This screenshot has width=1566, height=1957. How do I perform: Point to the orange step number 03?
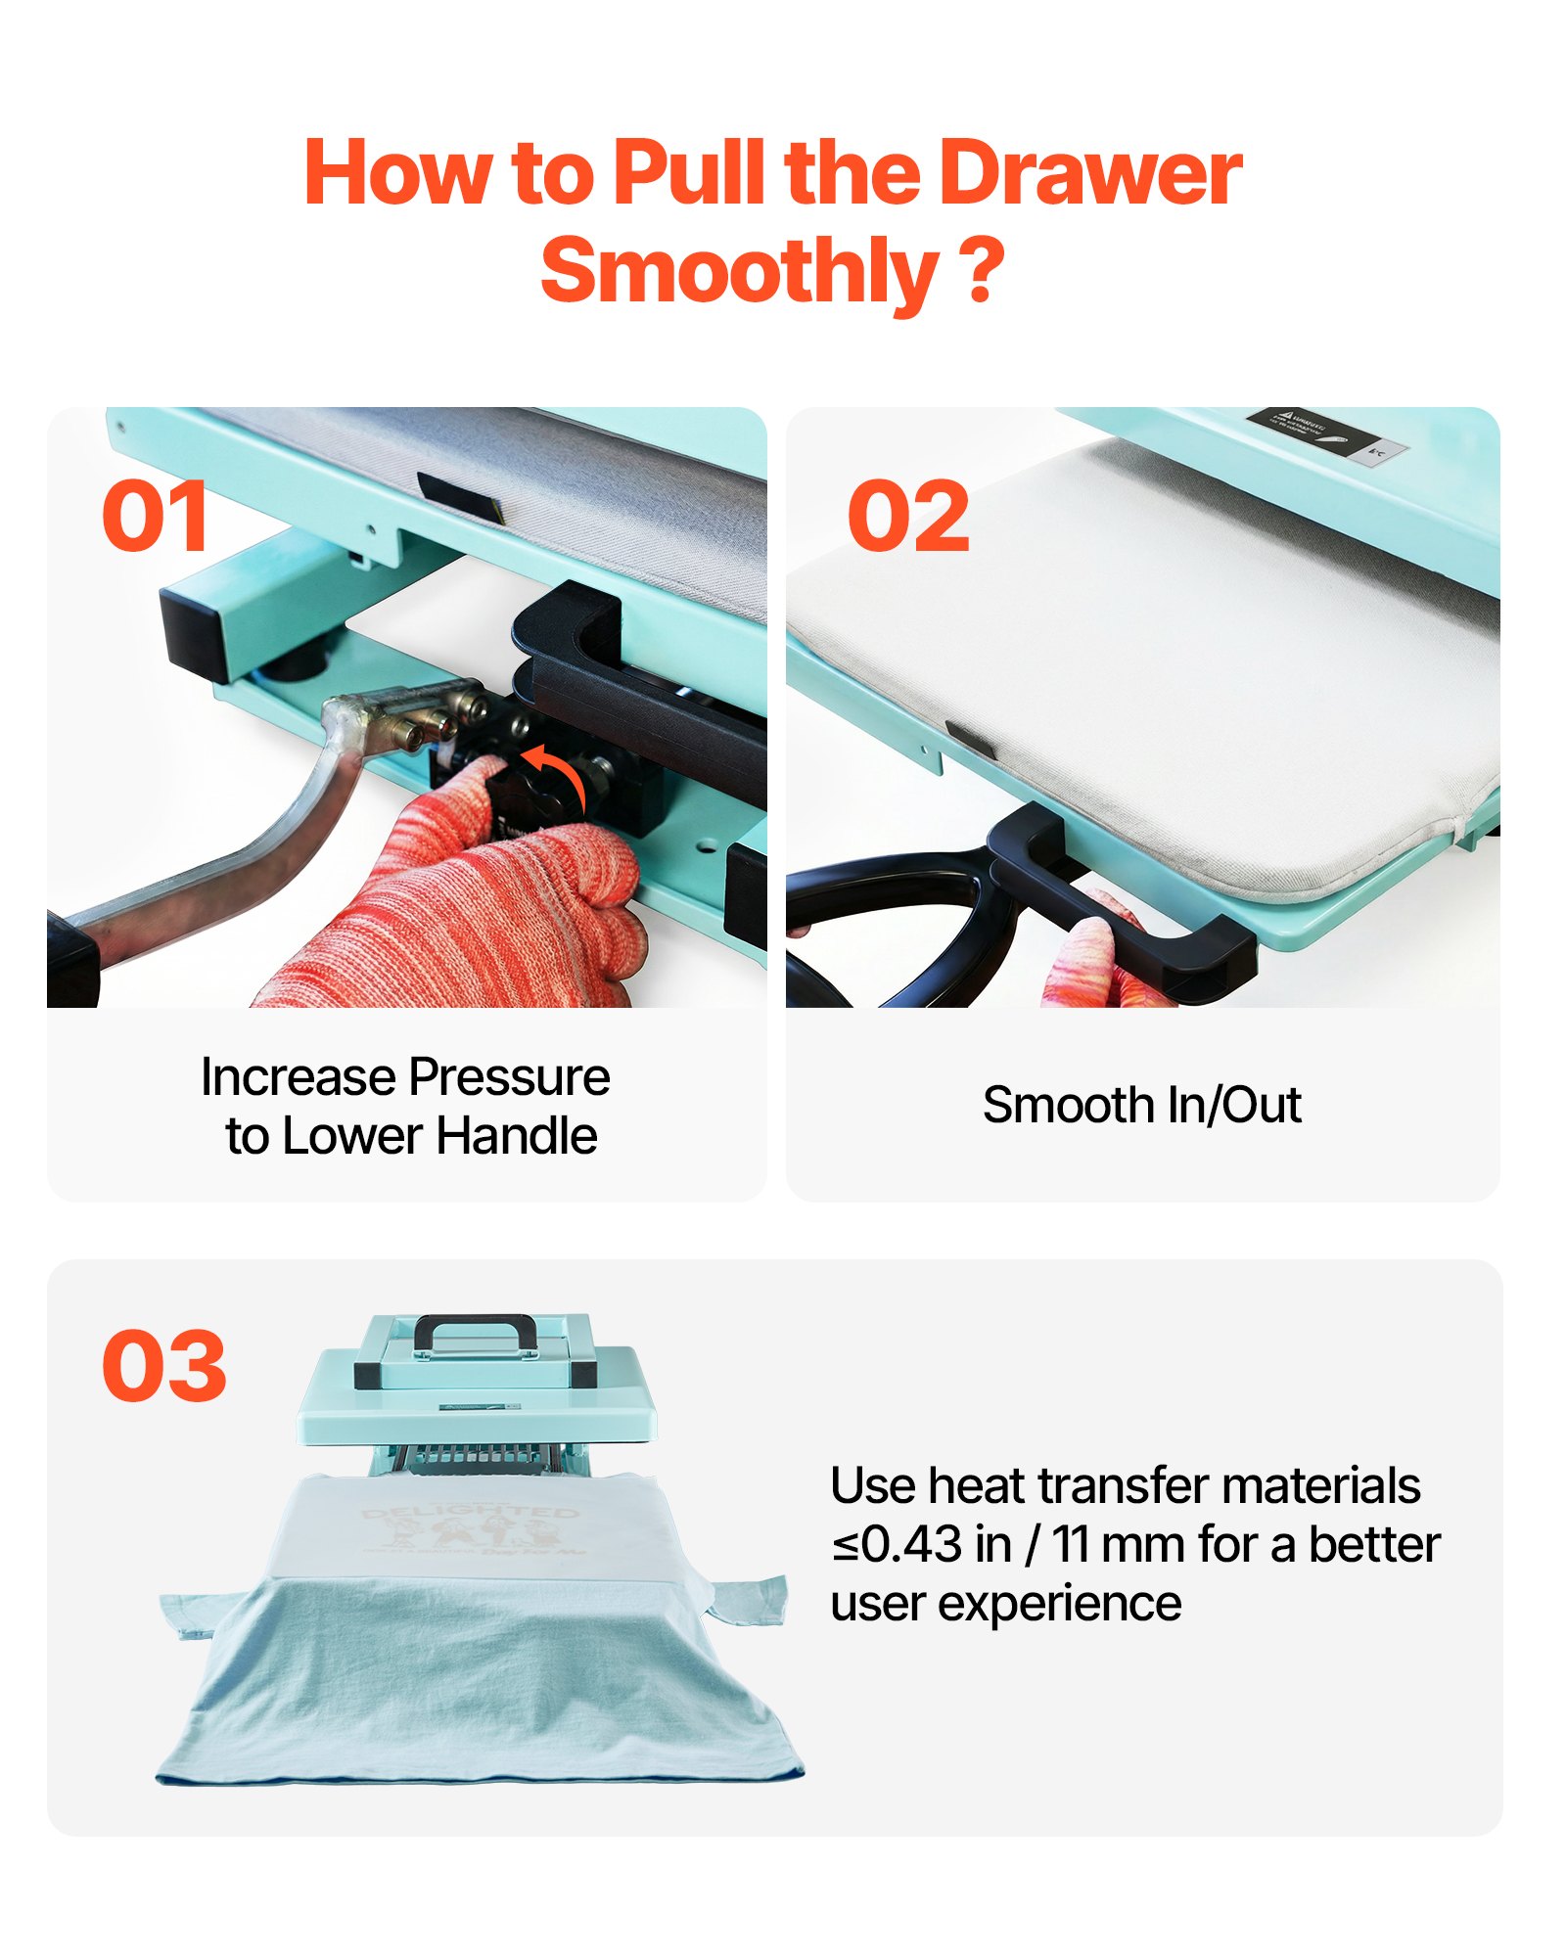pyautogui.click(x=163, y=1366)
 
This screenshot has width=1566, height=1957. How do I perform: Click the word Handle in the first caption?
pyautogui.click(x=516, y=1136)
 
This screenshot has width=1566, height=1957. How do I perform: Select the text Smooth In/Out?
pyautogui.click(x=1141, y=1106)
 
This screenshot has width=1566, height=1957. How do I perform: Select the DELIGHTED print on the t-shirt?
pyautogui.click(x=470, y=1514)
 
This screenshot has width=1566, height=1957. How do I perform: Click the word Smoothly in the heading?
pyautogui.click(x=739, y=271)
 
